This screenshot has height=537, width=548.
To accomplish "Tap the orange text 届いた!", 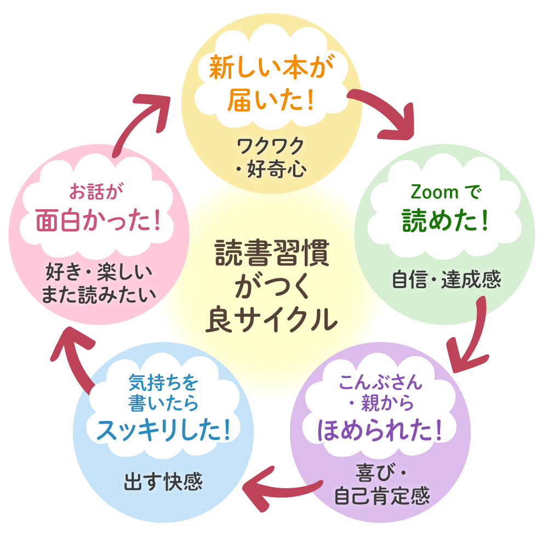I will point(270,100).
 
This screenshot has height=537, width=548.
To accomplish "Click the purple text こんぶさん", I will point(381,382).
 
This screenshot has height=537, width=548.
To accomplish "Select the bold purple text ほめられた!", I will point(380,430).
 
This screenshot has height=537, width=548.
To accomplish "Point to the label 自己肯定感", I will point(382,496).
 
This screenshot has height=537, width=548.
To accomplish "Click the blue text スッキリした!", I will point(163,430).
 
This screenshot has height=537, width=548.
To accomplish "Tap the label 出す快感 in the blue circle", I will point(163,482).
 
